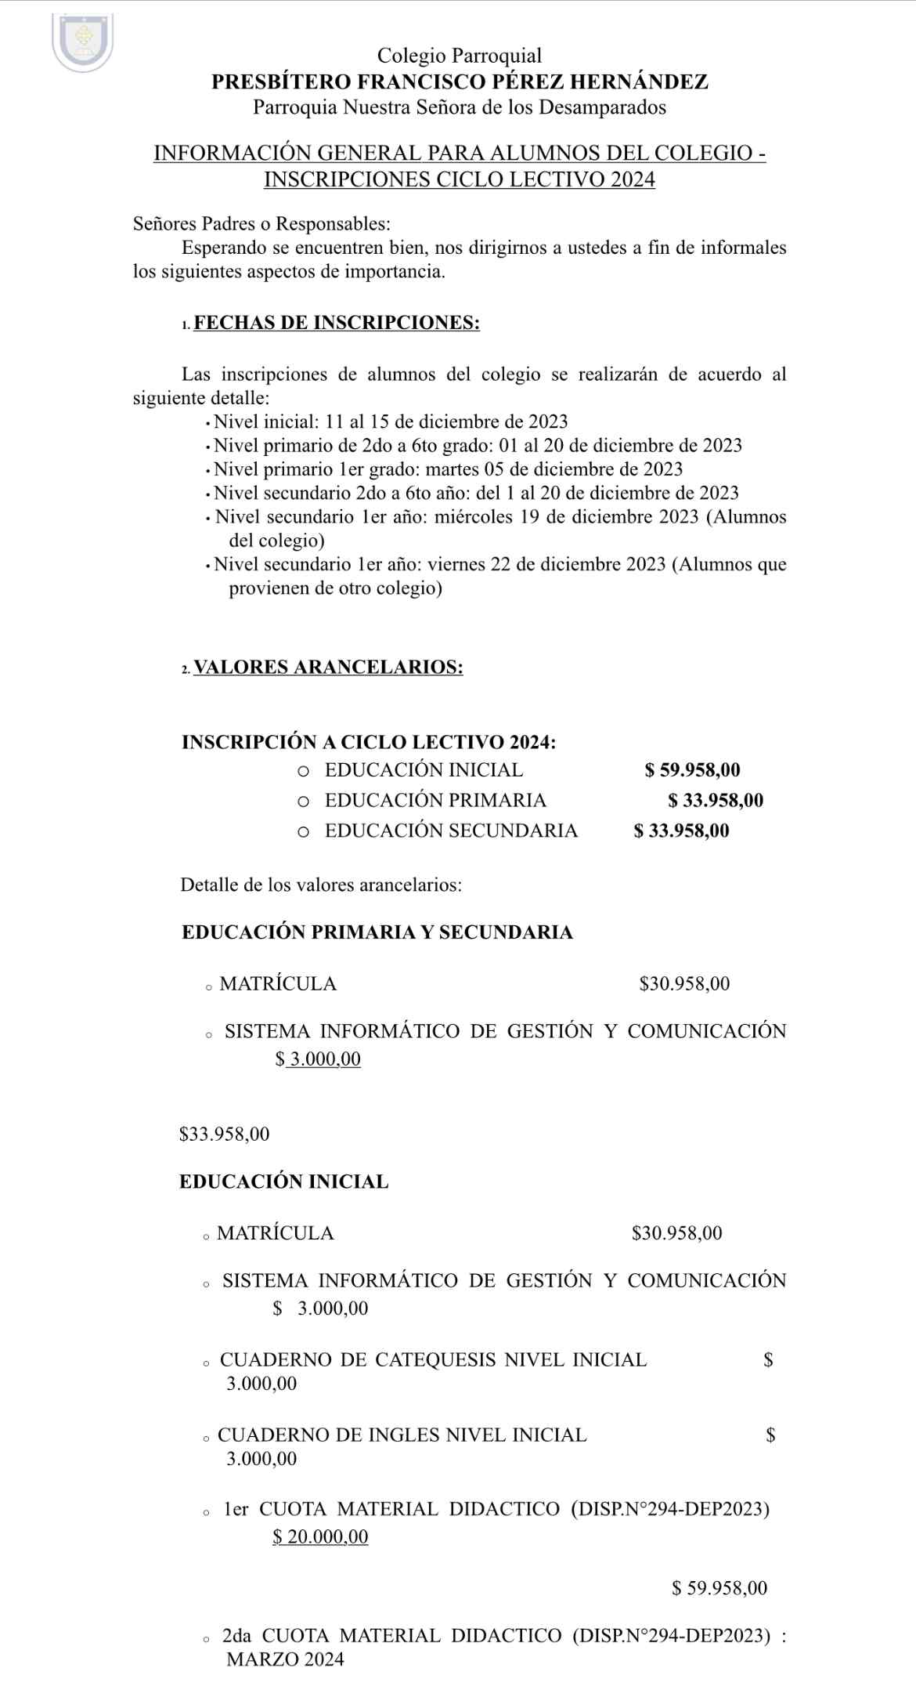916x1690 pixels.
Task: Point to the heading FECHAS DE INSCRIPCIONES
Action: tap(337, 323)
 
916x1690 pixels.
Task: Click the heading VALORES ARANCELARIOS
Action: tap(328, 668)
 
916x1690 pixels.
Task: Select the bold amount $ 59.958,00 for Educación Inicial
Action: tap(692, 770)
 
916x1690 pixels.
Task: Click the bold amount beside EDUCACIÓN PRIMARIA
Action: tap(716, 801)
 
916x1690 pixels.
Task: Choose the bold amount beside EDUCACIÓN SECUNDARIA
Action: tap(681, 831)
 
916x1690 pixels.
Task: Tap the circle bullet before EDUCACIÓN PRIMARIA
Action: tap(304, 802)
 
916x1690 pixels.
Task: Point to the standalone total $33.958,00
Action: tap(225, 1135)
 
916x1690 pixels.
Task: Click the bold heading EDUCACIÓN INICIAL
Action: tap(284, 1182)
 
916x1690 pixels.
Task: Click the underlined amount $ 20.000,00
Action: tap(320, 1537)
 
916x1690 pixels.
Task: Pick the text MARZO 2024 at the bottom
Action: tap(285, 1660)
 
